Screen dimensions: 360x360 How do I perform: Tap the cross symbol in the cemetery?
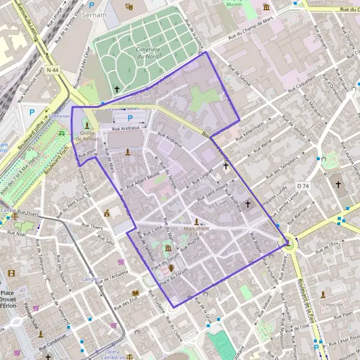[x=117, y=89]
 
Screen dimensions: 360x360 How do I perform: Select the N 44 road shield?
[x=52, y=71]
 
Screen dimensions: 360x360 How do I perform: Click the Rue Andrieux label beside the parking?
[x=125, y=128]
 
